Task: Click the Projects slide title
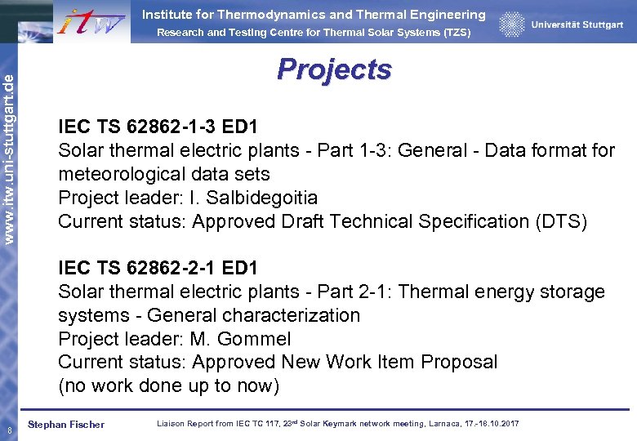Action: [x=334, y=69]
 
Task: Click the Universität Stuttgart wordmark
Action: [x=577, y=25]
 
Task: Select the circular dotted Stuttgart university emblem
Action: [x=512, y=24]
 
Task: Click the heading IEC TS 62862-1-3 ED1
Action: [x=158, y=127]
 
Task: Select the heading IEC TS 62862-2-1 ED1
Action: [x=158, y=268]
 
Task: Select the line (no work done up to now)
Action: [x=168, y=385]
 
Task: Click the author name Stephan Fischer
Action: [x=66, y=425]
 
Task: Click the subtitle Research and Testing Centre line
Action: [x=314, y=33]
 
